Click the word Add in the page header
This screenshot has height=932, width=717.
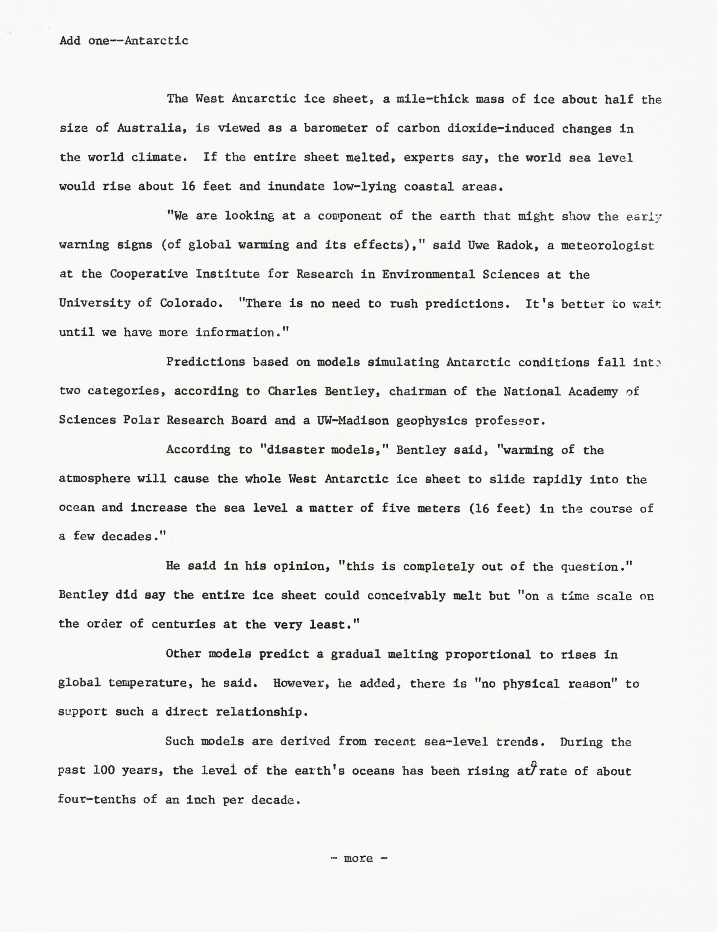(70, 41)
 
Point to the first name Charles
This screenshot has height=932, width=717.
(292, 391)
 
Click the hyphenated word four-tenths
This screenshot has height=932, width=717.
(97, 799)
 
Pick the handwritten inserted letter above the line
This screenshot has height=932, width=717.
(534, 763)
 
